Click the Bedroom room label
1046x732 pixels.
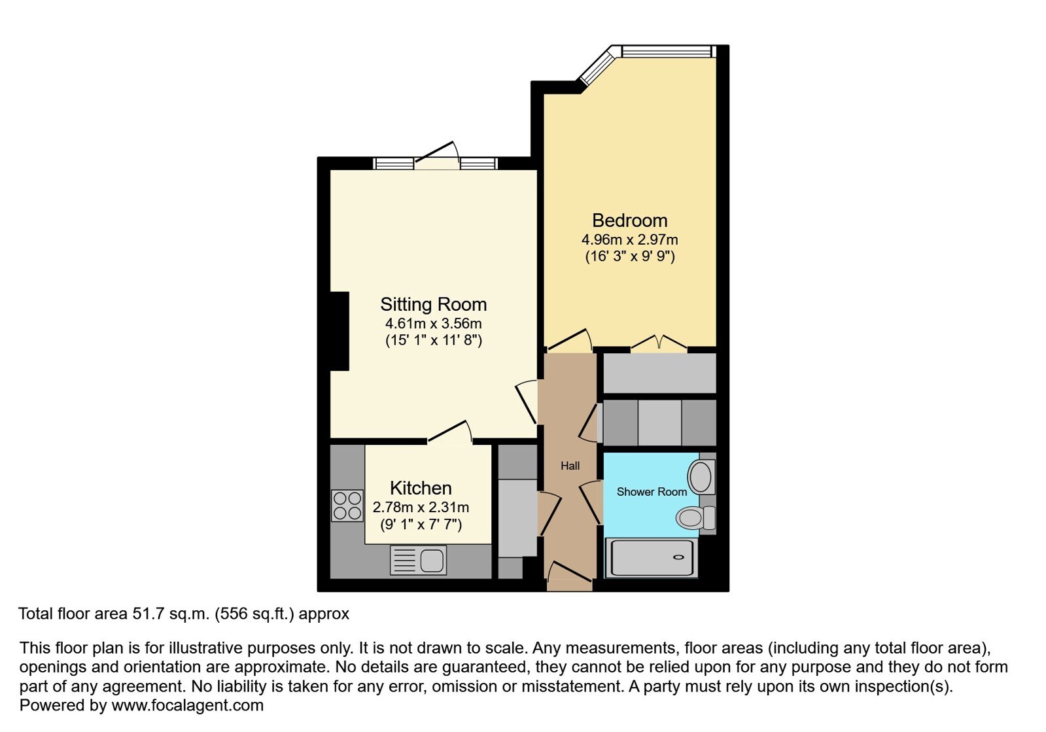click(x=629, y=220)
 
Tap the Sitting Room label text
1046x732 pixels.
click(x=433, y=304)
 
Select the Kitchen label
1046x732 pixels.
click(x=421, y=488)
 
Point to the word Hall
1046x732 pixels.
click(x=570, y=466)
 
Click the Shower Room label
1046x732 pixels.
click(x=652, y=491)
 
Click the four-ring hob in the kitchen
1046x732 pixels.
click(x=347, y=506)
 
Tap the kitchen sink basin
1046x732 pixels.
click(x=432, y=560)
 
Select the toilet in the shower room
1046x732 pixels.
click(x=695, y=517)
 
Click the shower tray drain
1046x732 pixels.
click(x=678, y=557)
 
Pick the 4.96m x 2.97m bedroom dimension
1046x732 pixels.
click(x=629, y=240)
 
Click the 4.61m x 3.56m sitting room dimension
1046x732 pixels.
click(x=433, y=324)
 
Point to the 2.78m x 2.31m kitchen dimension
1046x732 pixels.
click(x=421, y=507)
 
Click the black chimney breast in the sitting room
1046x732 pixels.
click(x=340, y=332)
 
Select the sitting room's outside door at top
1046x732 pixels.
click(x=437, y=156)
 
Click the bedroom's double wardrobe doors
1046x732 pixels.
click(x=659, y=342)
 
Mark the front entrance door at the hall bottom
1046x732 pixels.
click(x=570, y=577)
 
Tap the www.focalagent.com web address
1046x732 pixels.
click(x=187, y=705)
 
